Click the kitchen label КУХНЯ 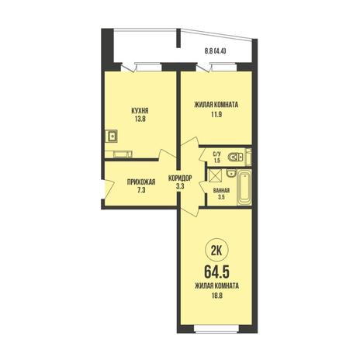pos(140,112)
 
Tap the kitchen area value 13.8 pos(140,119)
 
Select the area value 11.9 pos(216,114)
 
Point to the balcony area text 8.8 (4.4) pos(216,51)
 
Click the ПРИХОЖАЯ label pos(141,182)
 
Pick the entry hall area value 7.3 pos(141,190)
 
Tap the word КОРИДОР pos(180,178)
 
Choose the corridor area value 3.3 pos(180,186)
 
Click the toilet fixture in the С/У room pos(235,157)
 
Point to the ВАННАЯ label pos(221,191)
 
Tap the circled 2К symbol pos(216,251)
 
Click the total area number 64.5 pos(217,272)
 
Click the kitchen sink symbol pos(112,136)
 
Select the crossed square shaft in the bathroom pos(216,175)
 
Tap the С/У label pos(217,154)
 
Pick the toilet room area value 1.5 pos(217,161)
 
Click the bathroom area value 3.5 pos(221,197)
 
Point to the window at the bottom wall pos(216,328)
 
